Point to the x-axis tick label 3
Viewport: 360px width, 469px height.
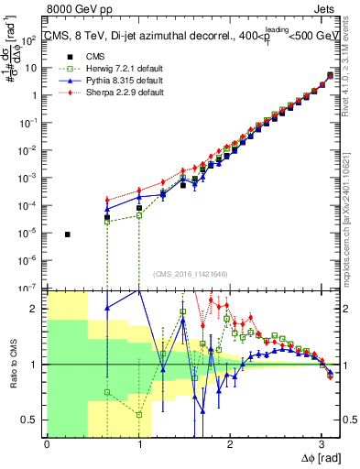pos(321,445)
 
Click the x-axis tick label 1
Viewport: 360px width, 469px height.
pos(137,445)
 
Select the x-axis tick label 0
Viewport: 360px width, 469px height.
pos(47,445)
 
